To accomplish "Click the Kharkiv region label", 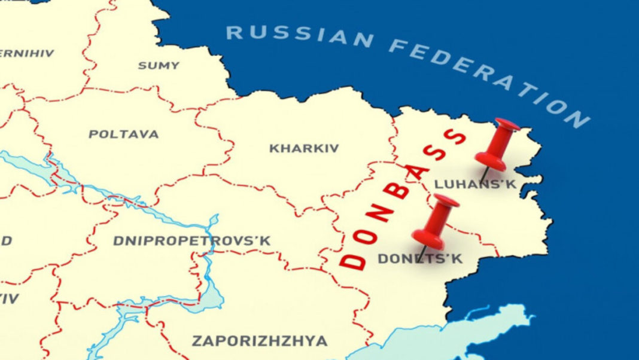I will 304,148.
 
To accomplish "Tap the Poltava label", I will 124,134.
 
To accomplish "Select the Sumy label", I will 159,65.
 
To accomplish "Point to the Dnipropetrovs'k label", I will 191,241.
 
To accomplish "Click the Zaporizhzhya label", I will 260,341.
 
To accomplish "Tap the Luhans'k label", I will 475,184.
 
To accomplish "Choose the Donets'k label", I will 420,260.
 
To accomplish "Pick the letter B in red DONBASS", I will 400,193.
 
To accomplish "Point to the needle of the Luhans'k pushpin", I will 486,174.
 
